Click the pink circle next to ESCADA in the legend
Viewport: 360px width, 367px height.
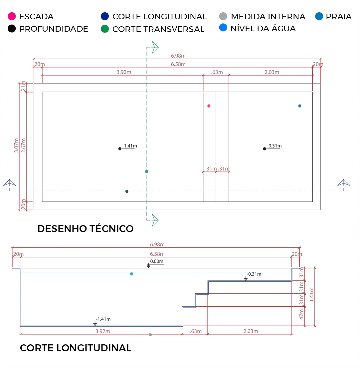(x=12, y=16)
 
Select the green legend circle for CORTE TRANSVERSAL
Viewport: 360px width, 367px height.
(x=105, y=29)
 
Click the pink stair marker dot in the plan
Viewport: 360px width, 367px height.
(x=209, y=106)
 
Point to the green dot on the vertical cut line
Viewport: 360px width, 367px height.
(x=146, y=171)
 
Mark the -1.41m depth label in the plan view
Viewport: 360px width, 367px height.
(x=130, y=146)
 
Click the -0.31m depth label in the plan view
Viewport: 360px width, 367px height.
(x=274, y=146)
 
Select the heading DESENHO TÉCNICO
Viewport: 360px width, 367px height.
(x=86, y=229)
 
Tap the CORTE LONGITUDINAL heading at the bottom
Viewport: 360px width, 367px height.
(x=76, y=348)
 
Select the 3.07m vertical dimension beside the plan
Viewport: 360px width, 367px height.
(x=17, y=147)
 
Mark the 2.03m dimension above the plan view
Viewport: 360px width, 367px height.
(x=271, y=72)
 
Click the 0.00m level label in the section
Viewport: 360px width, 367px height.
(x=157, y=261)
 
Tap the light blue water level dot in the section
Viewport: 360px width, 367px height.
(x=132, y=274)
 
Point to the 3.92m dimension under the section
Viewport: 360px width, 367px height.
(x=103, y=331)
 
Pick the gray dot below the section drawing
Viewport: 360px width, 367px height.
(x=150, y=335)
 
